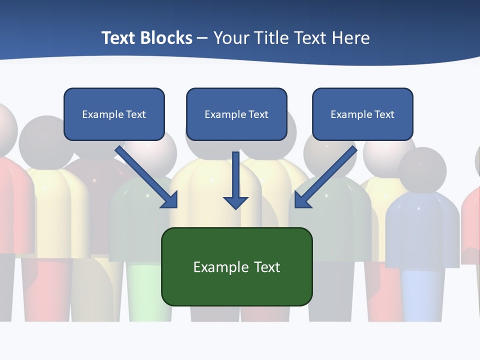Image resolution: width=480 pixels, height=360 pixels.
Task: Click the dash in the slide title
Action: [x=202, y=38]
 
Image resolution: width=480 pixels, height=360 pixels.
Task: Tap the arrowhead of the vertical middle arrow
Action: [x=235, y=202]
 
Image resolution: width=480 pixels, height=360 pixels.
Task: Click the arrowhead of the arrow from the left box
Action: [x=170, y=200]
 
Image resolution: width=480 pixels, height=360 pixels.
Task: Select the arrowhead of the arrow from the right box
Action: [x=302, y=200]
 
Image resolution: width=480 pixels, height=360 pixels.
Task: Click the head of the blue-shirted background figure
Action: [x=422, y=170]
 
